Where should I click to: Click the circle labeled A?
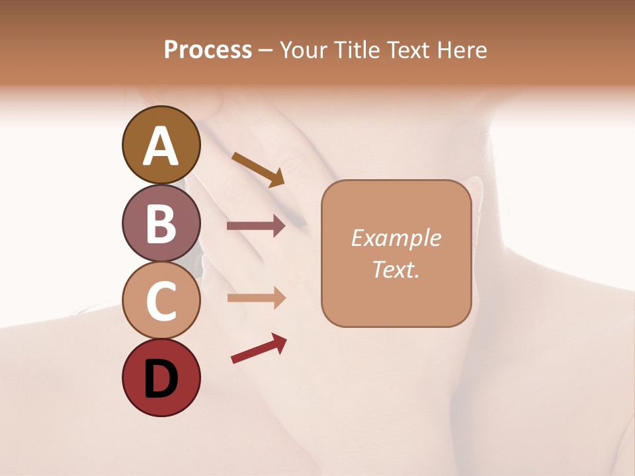point(161,145)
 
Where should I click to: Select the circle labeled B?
point(161,223)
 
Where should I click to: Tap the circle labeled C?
point(161,300)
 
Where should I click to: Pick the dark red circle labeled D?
point(161,377)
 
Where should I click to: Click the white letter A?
point(161,146)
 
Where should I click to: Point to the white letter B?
point(161,223)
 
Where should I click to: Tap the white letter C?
point(161,301)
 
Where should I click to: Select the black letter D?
point(161,378)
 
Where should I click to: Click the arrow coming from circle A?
point(259,169)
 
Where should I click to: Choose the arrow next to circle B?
point(256,226)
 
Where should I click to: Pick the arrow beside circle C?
point(256,298)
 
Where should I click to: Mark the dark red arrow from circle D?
point(259,348)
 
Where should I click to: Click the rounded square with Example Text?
point(396,253)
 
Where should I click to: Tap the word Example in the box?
point(396,238)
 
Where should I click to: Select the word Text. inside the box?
point(396,269)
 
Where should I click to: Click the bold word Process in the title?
point(208,50)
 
